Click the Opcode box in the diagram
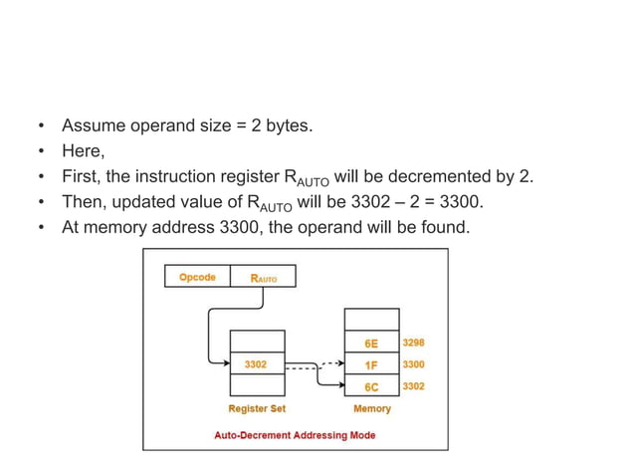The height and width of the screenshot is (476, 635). (x=197, y=277)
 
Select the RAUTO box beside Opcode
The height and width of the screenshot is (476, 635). (x=263, y=277)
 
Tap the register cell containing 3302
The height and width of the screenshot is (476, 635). (x=256, y=364)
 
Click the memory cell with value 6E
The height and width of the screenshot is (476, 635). (x=370, y=344)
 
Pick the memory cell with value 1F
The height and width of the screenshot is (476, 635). (x=370, y=364)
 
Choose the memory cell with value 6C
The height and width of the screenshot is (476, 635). (x=370, y=386)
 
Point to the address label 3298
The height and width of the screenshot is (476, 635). (x=413, y=344)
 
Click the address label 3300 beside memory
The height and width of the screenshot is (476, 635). (x=413, y=364)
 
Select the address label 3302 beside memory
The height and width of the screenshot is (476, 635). (x=413, y=386)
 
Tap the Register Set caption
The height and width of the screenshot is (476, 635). (x=257, y=408)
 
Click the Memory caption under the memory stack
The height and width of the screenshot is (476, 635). (x=371, y=408)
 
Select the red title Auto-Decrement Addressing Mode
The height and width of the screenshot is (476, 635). (x=295, y=435)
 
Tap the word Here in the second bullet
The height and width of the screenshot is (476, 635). (x=82, y=152)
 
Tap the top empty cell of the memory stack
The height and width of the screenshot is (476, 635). (x=370, y=321)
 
